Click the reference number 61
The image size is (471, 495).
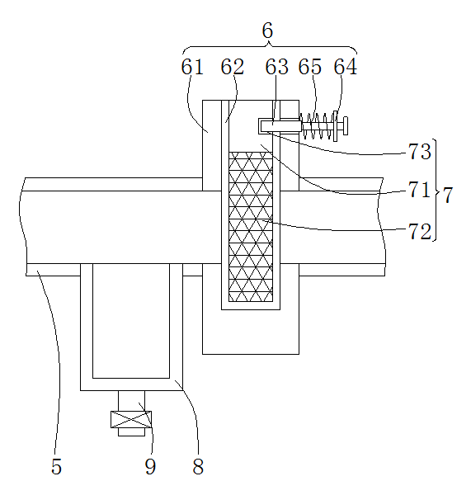pyautogui.click(x=192, y=67)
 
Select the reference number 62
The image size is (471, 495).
pyautogui.click(x=233, y=67)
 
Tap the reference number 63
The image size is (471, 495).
pyautogui.click(x=277, y=67)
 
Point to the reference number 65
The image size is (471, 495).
pyautogui.click(x=310, y=67)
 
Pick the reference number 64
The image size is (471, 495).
pyautogui.click(x=346, y=67)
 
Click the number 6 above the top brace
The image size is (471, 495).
pyautogui.click(x=267, y=31)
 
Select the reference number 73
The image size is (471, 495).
pyautogui.click(x=420, y=152)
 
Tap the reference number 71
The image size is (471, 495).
pyautogui.click(x=420, y=190)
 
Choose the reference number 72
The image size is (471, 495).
pyautogui.click(x=420, y=231)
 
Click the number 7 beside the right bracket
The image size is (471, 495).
pyautogui.click(x=448, y=195)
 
